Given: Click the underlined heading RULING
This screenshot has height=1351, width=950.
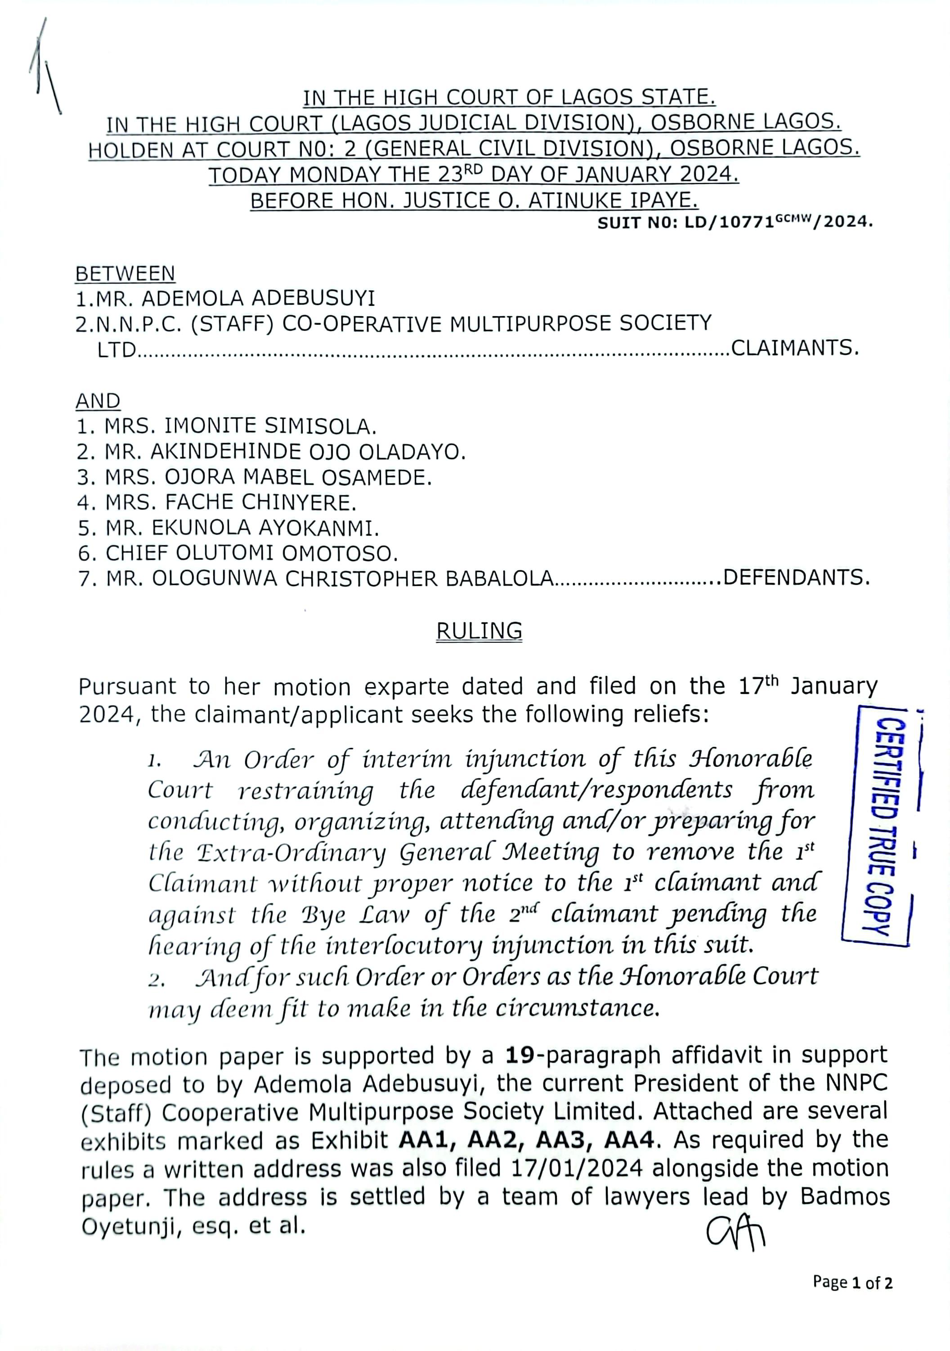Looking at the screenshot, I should pos(479,631).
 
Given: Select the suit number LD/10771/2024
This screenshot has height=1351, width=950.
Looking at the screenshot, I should pos(735,223).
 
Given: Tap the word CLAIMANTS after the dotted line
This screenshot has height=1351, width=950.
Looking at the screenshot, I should pos(795,349).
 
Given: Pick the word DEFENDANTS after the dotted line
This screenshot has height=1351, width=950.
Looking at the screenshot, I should pos(796,578).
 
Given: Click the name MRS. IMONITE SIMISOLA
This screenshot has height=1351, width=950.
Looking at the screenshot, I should pos(227,425).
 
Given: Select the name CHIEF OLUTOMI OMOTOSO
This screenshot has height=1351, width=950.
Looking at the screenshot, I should pos(238,553).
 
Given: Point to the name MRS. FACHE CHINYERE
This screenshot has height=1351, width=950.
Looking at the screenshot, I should pos(217,502).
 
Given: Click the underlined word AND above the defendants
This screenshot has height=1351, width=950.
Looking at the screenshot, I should pos(98,401).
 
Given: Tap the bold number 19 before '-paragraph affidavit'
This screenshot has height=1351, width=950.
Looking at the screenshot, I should pos(520,1055).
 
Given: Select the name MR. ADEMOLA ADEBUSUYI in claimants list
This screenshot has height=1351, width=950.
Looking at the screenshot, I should pos(225,299).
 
